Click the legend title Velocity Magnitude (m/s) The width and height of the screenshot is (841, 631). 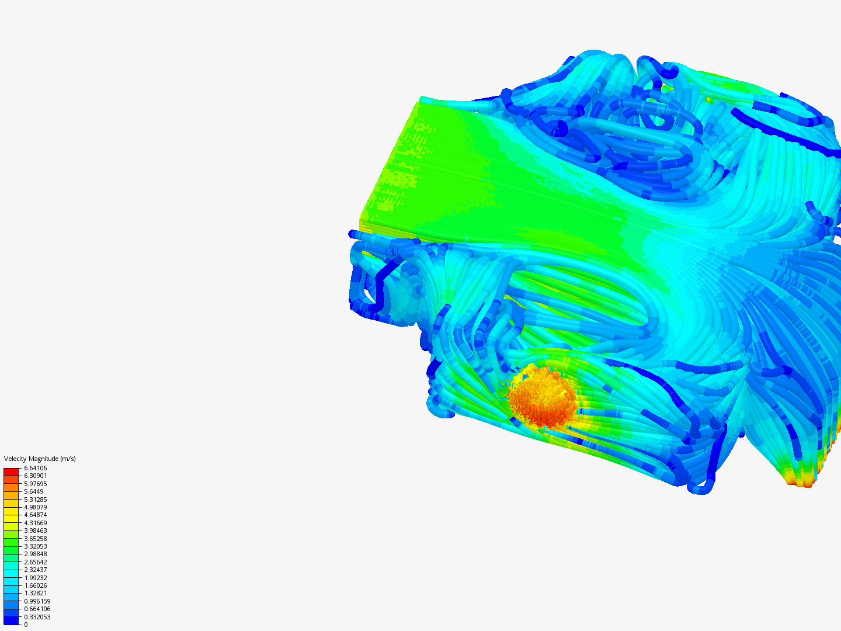pos(40,459)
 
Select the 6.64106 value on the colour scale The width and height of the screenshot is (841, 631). pos(35,468)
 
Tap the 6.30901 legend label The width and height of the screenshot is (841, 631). pos(35,476)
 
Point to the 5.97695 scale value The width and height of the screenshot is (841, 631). pos(35,484)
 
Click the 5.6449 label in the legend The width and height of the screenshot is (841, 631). pos(34,491)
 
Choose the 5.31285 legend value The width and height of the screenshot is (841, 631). pos(35,500)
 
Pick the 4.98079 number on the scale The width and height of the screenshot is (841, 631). pos(35,507)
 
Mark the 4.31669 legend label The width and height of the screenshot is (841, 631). pos(35,523)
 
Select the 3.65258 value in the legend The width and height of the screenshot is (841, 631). pos(35,539)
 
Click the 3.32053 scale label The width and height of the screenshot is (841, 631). pos(35,546)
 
